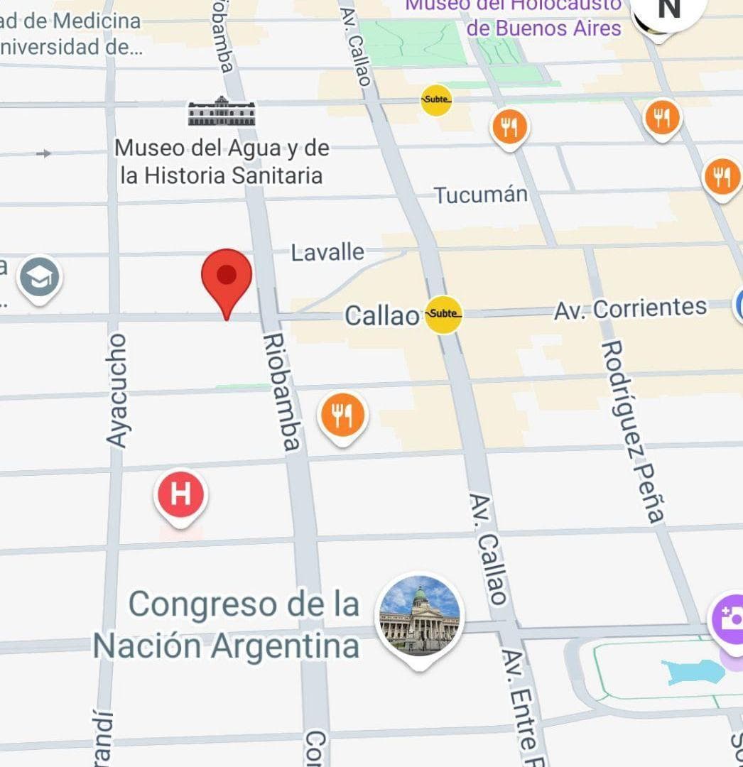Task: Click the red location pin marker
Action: click(227, 278)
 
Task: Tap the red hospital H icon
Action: click(180, 494)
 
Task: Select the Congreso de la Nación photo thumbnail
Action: click(420, 615)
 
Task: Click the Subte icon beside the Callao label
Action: click(444, 314)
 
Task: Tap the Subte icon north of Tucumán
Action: click(436, 99)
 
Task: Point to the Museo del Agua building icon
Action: click(222, 112)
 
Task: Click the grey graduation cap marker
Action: click(39, 278)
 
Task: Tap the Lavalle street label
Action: click(327, 252)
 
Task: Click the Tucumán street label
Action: click(481, 195)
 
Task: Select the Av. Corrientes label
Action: click(631, 308)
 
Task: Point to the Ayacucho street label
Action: click(116, 390)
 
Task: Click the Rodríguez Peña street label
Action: click(633, 432)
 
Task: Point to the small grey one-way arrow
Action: click(44, 153)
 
